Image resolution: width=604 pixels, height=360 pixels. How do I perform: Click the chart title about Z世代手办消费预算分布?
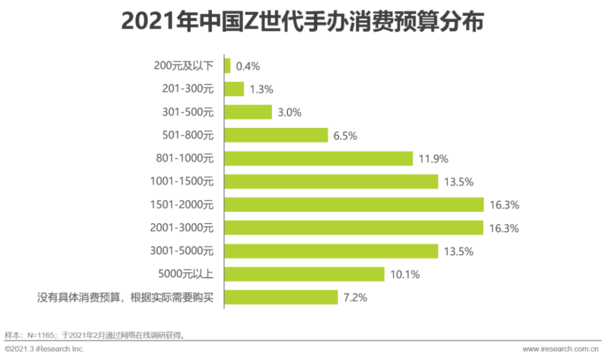(302, 22)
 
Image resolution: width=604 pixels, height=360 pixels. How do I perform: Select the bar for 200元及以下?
(228, 66)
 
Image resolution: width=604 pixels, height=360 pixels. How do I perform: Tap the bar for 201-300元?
(234, 89)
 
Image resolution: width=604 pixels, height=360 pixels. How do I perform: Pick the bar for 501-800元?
(276, 135)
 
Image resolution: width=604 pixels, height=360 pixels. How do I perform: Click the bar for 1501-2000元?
(354, 205)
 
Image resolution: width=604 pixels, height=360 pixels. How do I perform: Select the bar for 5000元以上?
(304, 274)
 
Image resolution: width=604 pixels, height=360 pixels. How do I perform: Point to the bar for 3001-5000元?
(331, 251)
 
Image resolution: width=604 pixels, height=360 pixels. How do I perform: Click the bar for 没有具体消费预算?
(281, 297)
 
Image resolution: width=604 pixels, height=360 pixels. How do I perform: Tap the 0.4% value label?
(248, 66)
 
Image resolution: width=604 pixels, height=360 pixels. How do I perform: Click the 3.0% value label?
(289, 112)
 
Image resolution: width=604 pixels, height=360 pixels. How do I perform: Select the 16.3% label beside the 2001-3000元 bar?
(504, 228)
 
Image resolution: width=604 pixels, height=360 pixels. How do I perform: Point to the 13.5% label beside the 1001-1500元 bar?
(458, 182)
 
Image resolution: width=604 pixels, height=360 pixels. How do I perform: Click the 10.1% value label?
(405, 275)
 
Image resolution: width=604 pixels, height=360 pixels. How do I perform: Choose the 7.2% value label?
(355, 298)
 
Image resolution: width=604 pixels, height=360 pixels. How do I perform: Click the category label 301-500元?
(188, 112)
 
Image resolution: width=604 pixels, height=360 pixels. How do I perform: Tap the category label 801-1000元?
(185, 159)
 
